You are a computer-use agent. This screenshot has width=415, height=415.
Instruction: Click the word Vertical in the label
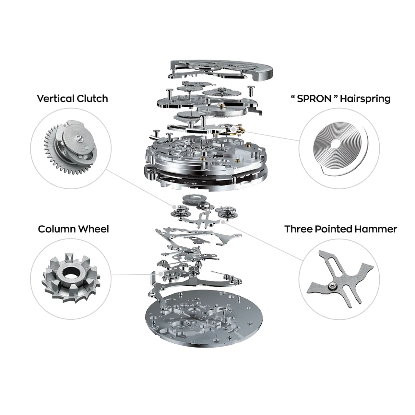pos(56,99)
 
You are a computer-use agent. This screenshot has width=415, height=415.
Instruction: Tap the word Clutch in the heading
pos(92,99)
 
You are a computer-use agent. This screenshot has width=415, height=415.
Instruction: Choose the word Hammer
pos(376,229)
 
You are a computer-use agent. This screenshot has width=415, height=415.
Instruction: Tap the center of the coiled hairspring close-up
pos(336,144)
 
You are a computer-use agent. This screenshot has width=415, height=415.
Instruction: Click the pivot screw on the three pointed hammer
pos(332,286)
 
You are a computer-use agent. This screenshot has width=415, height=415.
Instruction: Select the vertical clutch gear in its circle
pos(71,148)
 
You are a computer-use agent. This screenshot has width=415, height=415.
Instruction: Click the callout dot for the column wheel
pos(161,274)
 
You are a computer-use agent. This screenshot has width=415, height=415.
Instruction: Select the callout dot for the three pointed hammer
pos(223,222)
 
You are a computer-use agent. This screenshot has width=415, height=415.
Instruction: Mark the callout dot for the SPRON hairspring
pos(233,129)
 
